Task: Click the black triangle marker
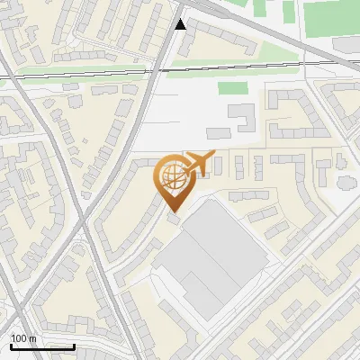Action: coord(181,24)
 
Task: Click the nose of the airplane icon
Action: coord(214,155)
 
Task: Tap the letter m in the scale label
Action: coord(33,337)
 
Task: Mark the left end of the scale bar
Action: coord(10,346)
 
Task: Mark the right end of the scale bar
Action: coord(74,346)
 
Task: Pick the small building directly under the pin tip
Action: coord(173,220)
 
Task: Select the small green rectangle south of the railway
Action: coord(232,88)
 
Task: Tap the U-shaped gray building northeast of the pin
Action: coord(241,118)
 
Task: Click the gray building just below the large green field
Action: coord(346,43)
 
